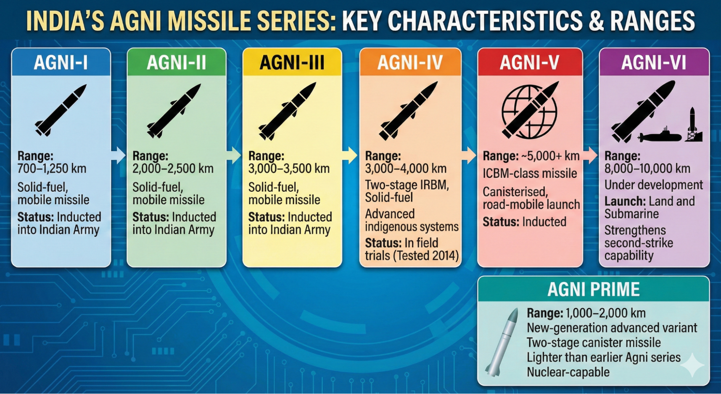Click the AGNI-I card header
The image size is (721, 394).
pyautogui.click(x=61, y=62)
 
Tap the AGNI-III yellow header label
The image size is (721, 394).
pyautogui.click(x=292, y=62)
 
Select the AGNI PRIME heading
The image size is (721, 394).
pyautogui.click(x=593, y=289)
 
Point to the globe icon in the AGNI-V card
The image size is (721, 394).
pyautogui.click(x=529, y=112)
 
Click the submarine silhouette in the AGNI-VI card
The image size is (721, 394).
pyautogui.click(x=660, y=135)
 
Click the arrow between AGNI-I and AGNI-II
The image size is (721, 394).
pyautogui.click(x=118, y=156)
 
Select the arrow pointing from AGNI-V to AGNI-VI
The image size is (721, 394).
pyautogui.click(x=590, y=155)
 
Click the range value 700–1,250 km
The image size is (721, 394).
pyautogui.click(x=52, y=169)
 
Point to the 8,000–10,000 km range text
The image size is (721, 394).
pyautogui.click(x=647, y=169)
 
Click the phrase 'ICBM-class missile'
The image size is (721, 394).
pyautogui.click(x=530, y=173)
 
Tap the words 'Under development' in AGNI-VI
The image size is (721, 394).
pyautogui.click(x=654, y=185)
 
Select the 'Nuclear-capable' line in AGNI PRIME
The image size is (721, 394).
pyautogui.click(x=568, y=372)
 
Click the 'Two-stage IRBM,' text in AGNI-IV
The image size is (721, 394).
pyautogui.click(x=407, y=185)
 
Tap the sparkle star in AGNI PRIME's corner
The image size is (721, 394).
pyautogui.click(x=692, y=365)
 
